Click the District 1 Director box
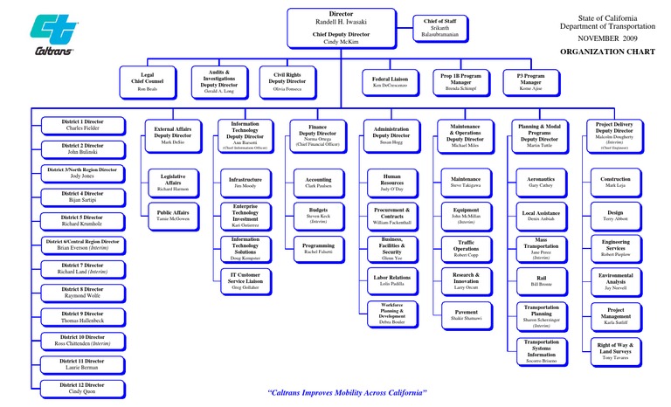pos(82,124)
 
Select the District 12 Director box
pos(82,388)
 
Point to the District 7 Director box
pos(82,268)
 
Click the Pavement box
pos(466,314)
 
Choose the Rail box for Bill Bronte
pos(541,280)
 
